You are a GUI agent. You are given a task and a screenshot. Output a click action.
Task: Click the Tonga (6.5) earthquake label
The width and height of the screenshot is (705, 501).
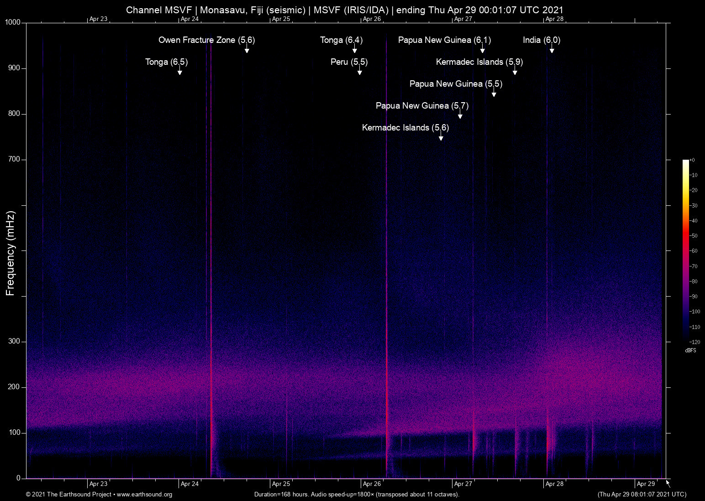pyautogui.click(x=166, y=62)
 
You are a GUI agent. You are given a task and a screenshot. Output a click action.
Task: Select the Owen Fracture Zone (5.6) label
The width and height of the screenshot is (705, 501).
pyautogui.click(x=206, y=40)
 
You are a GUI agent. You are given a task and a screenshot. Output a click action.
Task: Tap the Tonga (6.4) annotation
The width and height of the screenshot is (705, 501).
pyautogui.click(x=341, y=40)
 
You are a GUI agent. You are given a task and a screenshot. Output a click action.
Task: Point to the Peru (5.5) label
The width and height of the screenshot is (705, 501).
pyautogui.click(x=349, y=62)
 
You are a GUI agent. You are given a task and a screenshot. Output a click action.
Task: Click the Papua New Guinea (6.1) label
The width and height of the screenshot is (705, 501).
pyautogui.click(x=444, y=40)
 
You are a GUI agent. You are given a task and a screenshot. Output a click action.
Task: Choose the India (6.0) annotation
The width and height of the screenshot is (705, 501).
pyautogui.click(x=541, y=40)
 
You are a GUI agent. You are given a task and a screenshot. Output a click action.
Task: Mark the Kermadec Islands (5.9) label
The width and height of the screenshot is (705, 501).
pyautogui.click(x=479, y=62)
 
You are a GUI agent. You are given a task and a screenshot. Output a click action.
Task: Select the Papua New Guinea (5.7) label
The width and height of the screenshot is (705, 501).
pyautogui.click(x=422, y=106)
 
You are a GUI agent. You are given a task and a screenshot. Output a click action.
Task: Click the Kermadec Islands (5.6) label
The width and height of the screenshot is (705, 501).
pyautogui.click(x=405, y=128)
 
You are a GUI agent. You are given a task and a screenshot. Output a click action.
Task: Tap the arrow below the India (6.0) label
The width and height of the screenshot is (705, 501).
pyautogui.click(x=552, y=50)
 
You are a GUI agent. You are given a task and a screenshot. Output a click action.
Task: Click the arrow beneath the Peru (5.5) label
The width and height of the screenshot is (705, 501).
pyautogui.click(x=360, y=72)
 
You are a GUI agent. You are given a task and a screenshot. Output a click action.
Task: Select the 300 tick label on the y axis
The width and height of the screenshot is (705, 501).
pyautogui.click(x=14, y=341)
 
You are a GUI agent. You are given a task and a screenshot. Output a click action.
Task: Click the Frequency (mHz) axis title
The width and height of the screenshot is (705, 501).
pyautogui.click(x=10, y=253)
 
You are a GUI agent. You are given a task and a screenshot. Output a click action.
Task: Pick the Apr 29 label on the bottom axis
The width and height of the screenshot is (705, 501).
pyautogui.click(x=646, y=484)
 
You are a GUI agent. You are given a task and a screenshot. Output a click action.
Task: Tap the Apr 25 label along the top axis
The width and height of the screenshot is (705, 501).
pyautogui.click(x=281, y=19)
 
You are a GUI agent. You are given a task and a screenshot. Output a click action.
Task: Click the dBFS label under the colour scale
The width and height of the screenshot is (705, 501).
pyautogui.click(x=690, y=350)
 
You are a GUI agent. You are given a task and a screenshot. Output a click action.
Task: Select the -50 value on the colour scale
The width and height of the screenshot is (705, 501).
pyautogui.click(x=694, y=236)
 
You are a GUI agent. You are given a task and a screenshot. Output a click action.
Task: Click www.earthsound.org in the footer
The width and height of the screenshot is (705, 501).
pyautogui.click(x=144, y=495)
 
